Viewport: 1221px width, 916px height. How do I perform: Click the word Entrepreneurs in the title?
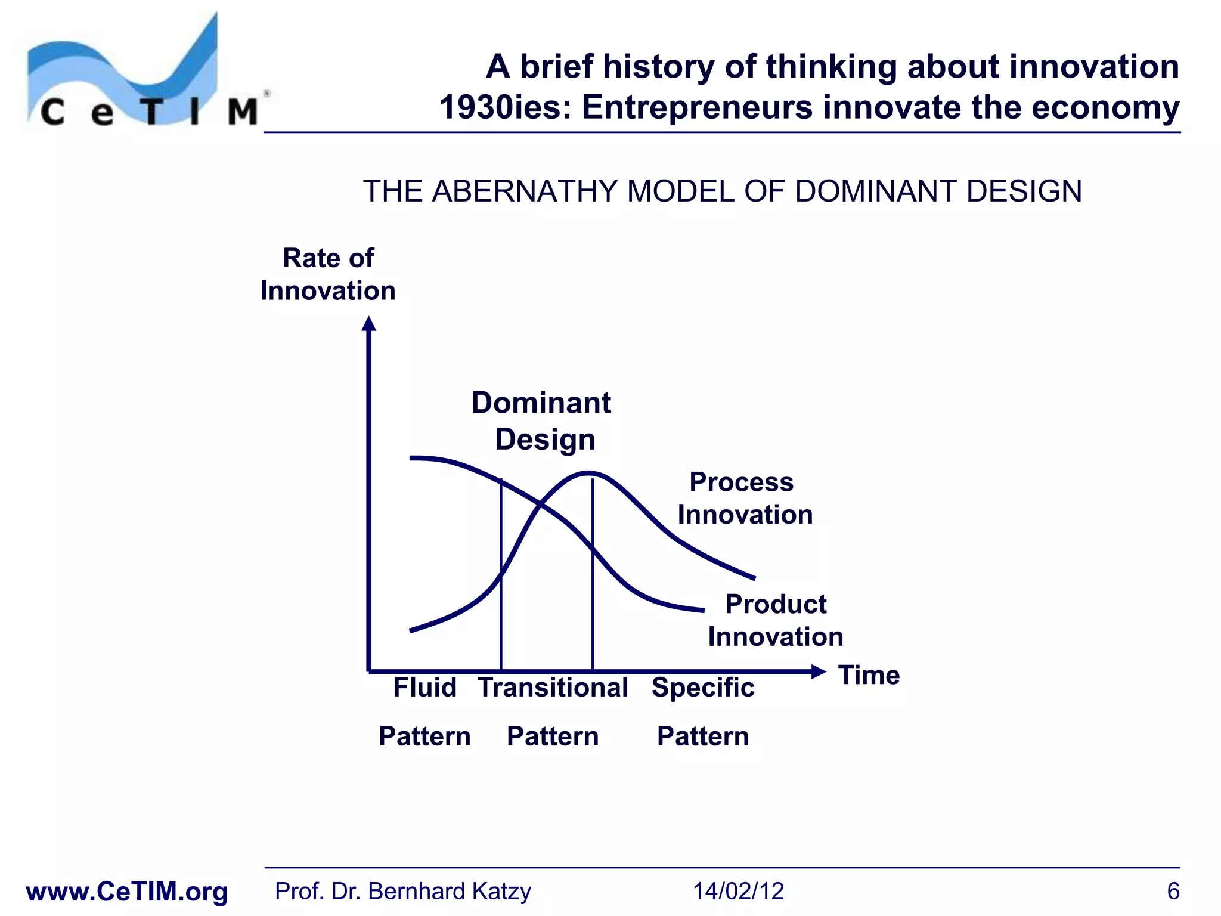(x=696, y=108)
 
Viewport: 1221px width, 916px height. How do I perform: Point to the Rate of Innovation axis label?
(x=328, y=274)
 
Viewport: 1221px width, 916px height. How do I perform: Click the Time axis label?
(x=869, y=675)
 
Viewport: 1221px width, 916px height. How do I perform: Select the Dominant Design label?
(x=541, y=421)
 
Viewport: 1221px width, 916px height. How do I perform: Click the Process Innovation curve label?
(x=744, y=498)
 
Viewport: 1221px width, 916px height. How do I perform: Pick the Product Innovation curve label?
(x=775, y=620)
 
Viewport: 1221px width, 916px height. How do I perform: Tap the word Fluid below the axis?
(x=424, y=688)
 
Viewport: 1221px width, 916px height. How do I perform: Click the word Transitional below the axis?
(x=553, y=688)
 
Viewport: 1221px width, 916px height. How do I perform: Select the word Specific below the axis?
(x=703, y=688)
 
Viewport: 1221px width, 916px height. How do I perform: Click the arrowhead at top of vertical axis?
(x=369, y=324)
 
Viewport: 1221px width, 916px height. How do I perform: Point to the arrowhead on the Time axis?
(x=819, y=672)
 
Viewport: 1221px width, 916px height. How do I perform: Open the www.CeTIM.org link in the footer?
(x=127, y=892)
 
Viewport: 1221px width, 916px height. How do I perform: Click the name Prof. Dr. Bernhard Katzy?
(x=402, y=891)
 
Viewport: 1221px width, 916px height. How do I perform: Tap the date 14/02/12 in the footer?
(x=738, y=891)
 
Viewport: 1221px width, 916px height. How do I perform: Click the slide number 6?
(x=1173, y=891)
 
